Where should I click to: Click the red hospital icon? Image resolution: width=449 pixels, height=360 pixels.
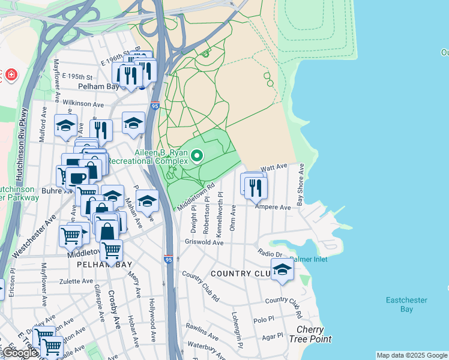click(x=11, y=76)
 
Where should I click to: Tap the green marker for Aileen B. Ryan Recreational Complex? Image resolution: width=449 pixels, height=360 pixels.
click(x=197, y=157)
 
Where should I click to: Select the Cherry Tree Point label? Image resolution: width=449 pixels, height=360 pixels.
click(x=314, y=334)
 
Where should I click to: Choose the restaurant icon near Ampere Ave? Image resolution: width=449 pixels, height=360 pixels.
click(x=256, y=188)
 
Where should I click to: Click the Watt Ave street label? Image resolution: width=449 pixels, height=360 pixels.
click(x=274, y=167)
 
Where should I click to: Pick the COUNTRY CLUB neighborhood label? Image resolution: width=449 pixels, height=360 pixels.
click(x=239, y=274)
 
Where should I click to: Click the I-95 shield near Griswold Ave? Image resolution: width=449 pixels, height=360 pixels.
click(x=169, y=259)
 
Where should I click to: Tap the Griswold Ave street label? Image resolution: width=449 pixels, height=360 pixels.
click(x=204, y=242)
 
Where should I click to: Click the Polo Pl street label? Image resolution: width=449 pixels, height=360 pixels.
click(x=263, y=321)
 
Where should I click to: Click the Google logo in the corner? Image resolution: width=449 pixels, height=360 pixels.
click(x=20, y=353)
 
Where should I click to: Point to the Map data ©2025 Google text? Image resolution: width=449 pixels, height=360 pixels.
click(x=412, y=355)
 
